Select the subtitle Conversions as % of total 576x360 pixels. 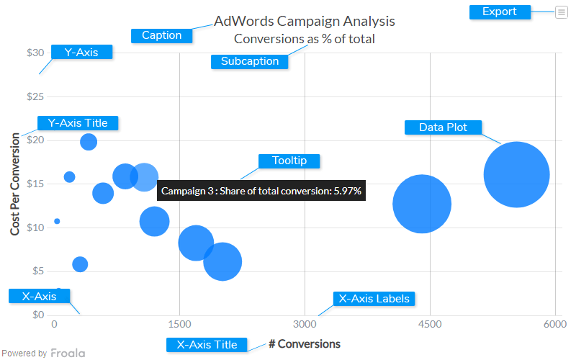click(305, 39)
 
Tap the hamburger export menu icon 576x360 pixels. click(561, 12)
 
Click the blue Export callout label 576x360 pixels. click(500, 12)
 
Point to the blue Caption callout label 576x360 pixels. click(161, 35)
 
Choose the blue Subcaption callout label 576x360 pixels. click(250, 61)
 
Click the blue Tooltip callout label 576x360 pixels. click(289, 161)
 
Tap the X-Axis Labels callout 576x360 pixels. click(374, 298)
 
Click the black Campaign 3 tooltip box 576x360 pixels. click(261, 191)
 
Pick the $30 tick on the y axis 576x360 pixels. click(36, 53)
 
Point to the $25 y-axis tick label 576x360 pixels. click(36, 96)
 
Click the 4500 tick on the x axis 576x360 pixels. click(430, 325)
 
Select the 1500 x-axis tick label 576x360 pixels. click(179, 325)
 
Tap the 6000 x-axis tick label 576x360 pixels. click(555, 325)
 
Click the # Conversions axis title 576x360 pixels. click(305, 344)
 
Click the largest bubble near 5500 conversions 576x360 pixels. click(516, 175)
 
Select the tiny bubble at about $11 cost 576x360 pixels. click(57, 221)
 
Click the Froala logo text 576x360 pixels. click(67, 354)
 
